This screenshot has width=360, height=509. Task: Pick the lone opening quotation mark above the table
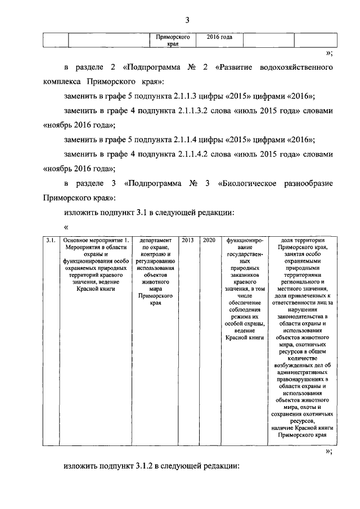coord(66,227)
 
